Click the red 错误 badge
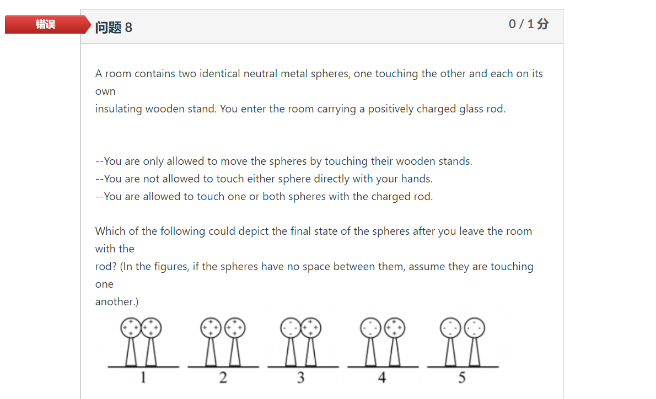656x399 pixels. point(46,25)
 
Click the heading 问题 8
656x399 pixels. point(114,28)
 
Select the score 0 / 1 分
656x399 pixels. point(528,24)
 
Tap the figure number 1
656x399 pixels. point(143,378)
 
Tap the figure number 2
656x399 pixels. point(223,378)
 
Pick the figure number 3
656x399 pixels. point(300,378)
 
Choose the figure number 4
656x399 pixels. point(381,378)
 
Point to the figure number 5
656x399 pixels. point(461,378)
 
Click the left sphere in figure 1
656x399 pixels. point(131,328)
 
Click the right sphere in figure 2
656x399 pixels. point(235,328)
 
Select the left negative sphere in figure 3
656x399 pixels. point(291,328)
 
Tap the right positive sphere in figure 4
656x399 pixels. point(395,328)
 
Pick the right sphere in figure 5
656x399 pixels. point(475,328)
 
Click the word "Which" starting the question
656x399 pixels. point(110,231)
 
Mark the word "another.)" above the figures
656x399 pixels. point(117,302)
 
